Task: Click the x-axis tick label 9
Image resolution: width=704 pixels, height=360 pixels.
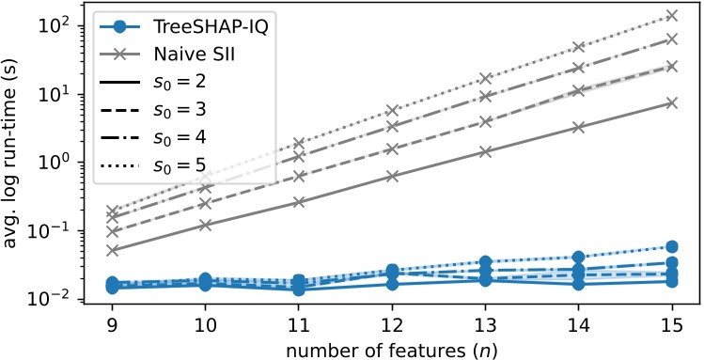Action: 112,321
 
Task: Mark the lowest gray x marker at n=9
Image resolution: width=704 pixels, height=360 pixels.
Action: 113,251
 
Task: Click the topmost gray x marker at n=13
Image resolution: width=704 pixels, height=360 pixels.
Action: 486,79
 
